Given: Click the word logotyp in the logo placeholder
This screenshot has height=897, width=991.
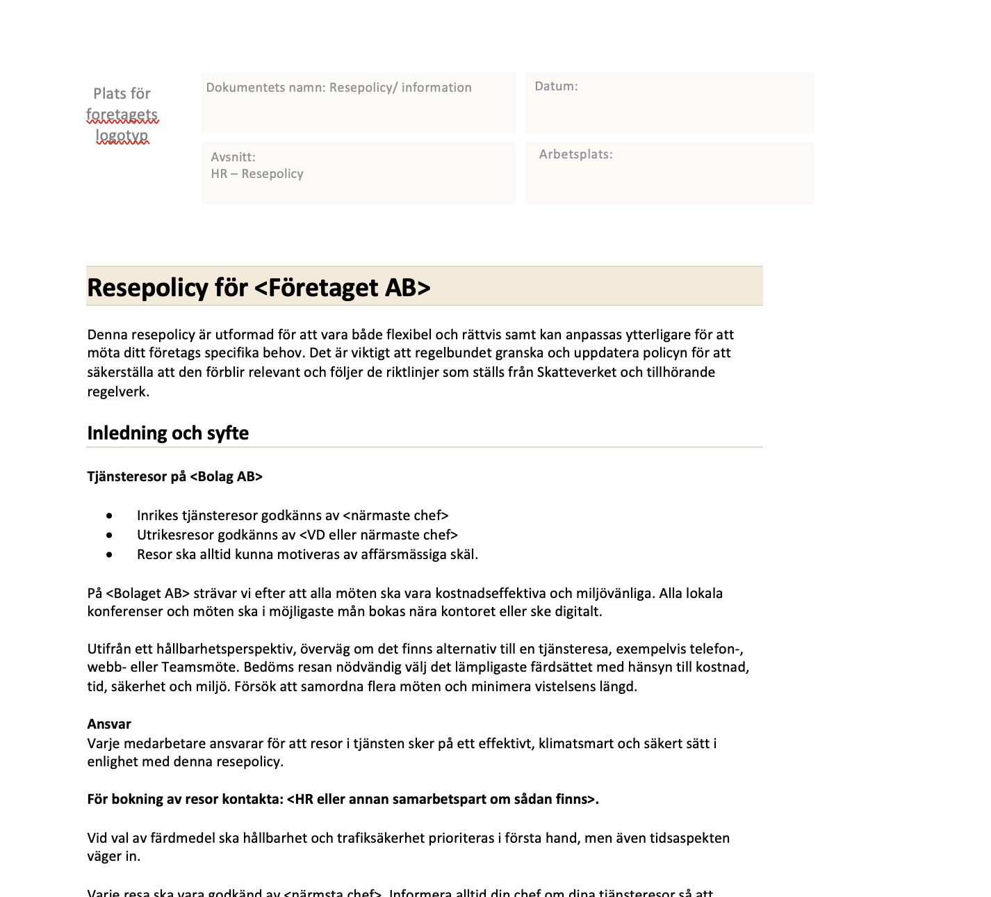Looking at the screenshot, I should [122, 136].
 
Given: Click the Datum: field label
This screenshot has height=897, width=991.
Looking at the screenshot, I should [556, 86].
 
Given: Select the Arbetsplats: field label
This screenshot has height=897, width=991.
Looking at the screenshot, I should [575, 154].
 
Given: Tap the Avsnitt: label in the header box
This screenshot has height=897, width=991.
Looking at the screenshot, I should [233, 157].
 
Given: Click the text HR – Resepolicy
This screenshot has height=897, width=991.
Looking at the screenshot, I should [257, 174].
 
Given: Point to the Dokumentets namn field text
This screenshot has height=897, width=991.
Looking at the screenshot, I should [338, 88].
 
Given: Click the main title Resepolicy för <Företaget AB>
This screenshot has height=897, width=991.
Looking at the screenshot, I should [259, 287].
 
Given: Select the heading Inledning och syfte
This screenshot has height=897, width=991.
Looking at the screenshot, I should [167, 433].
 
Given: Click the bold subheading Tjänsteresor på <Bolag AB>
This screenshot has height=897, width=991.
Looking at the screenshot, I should [175, 476].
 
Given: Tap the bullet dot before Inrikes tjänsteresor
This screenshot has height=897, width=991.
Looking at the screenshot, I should [109, 516].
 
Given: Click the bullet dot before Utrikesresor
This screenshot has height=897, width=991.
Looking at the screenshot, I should [109, 535].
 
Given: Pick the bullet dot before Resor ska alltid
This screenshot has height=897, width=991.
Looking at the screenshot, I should [109, 555].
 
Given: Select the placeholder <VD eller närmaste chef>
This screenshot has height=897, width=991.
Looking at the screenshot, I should [378, 535].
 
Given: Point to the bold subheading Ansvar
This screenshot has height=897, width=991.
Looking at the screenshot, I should [109, 724].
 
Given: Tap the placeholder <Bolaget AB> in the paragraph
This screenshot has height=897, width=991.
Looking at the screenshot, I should [148, 594].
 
